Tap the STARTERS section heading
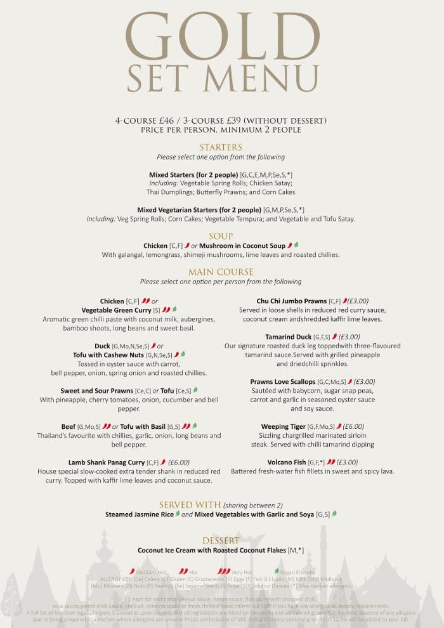[x=221, y=147]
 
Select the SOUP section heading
[x=221, y=236]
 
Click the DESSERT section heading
[x=221, y=540]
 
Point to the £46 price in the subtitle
[x=166, y=121]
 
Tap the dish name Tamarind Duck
[x=289, y=337]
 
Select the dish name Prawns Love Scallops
[x=283, y=382]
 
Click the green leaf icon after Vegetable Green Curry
[x=175, y=310]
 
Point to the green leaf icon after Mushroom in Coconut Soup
[x=296, y=245]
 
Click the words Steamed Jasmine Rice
[x=139, y=514]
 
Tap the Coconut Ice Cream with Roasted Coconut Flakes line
[x=212, y=550]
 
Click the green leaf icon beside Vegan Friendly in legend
[x=277, y=572]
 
